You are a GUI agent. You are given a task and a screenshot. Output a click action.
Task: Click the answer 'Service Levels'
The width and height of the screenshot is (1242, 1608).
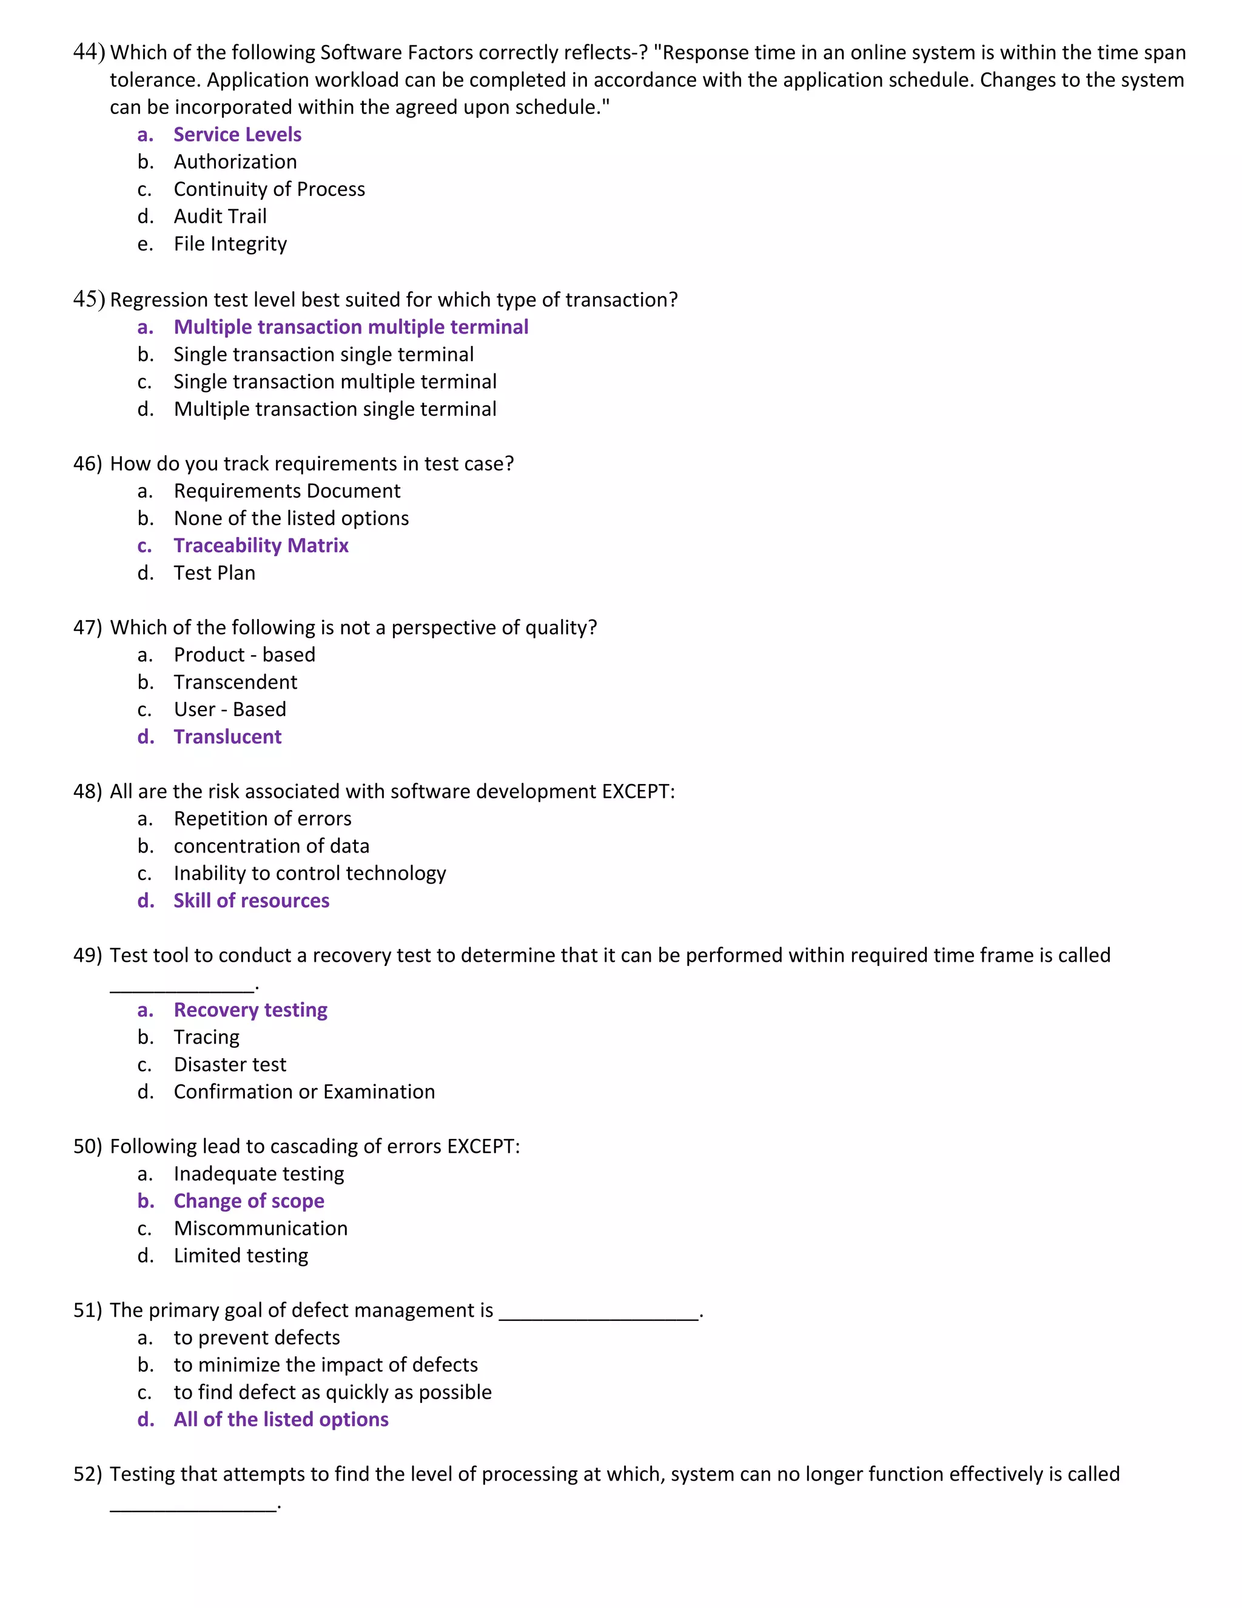(237, 135)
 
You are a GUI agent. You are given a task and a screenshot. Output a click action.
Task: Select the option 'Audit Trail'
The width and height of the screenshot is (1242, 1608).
(220, 217)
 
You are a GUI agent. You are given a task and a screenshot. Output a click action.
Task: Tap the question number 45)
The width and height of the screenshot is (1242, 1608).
(89, 299)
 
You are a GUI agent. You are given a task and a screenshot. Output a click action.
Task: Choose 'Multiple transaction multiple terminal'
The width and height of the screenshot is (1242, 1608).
(351, 327)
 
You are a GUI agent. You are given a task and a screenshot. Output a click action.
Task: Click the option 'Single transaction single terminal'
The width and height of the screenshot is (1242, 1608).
(323, 354)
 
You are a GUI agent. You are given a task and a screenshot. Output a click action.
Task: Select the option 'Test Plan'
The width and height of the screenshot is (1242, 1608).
(214, 573)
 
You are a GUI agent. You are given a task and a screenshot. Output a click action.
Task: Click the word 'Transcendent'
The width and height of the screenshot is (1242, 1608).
(235, 682)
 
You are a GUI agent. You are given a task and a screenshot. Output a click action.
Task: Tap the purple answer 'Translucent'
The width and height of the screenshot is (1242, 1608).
(227, 737)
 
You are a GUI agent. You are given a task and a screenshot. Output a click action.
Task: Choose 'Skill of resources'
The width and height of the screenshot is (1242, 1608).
(251, 900)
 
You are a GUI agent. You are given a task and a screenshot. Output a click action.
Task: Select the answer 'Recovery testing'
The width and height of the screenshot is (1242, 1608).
(250, 1010)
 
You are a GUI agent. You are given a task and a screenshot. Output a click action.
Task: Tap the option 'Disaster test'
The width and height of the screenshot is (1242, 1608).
(230, 1065)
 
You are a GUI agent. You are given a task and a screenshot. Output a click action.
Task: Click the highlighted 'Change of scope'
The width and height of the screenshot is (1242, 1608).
(249, 1201)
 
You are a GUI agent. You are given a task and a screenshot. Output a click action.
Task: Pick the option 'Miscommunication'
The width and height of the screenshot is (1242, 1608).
(260, 1228)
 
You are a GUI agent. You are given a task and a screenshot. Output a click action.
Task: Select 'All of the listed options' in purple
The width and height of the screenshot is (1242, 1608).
(280, 1419)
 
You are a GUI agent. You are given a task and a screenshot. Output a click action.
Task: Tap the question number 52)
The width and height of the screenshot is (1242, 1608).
(87, 1474)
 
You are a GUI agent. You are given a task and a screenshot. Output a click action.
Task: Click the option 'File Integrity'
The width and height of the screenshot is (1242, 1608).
(230, 244)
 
